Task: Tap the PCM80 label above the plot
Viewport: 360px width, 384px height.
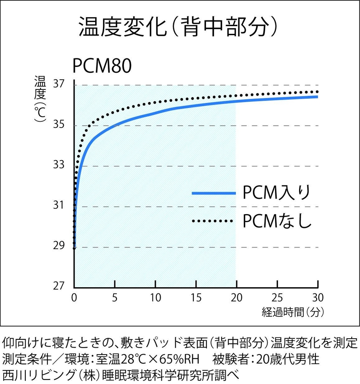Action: click(x=102, y=66)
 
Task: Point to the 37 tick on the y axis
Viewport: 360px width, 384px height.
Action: click(x=59, y=85)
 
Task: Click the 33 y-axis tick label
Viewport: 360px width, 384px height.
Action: click(x=59, y=165)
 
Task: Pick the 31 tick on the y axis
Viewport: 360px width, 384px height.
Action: click(x=59, y=205)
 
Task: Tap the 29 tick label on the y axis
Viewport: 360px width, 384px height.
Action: click(x=59, y=246)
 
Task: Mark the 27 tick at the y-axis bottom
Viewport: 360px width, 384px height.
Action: click(x=59, y=286)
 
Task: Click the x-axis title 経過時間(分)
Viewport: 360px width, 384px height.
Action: click(x=293, y=313)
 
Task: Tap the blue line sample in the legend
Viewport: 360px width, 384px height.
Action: click(x=214, y=193)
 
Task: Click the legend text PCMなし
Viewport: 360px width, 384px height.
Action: click(x=277, y=221)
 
